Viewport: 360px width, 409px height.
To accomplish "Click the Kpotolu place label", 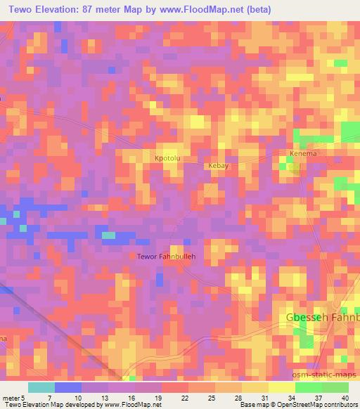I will (168, 160).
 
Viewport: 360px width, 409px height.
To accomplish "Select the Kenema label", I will (304, 153).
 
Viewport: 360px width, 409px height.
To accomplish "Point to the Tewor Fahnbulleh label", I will (166, 257).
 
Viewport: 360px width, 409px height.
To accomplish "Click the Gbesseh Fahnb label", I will (322, 318).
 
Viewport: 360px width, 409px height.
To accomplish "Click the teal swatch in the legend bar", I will (42, 387).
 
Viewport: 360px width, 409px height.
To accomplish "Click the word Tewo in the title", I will (24, 9).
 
